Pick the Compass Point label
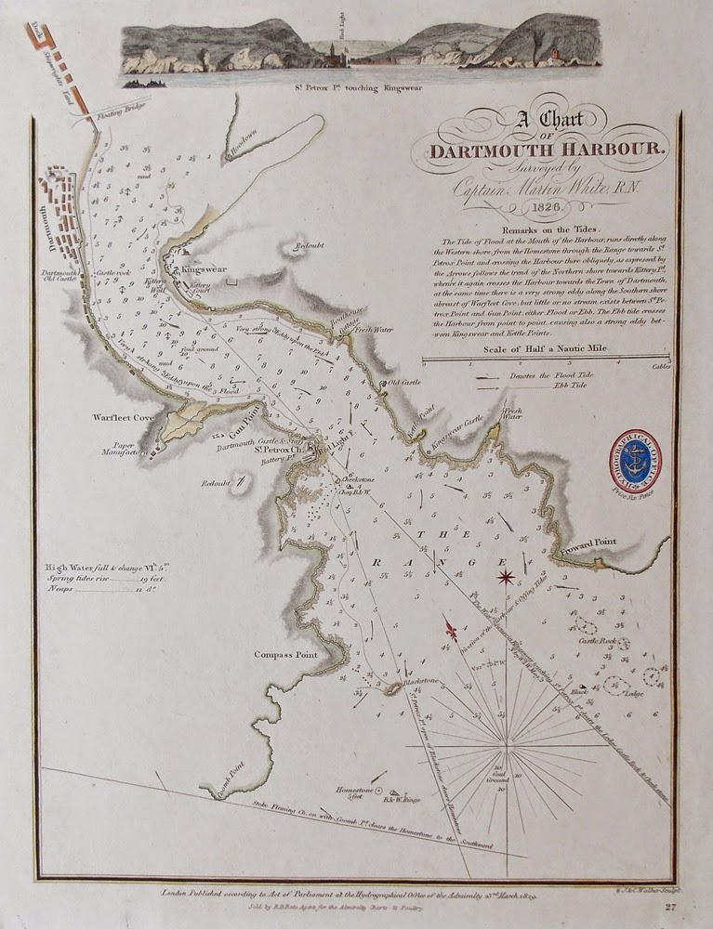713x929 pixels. [285, 654]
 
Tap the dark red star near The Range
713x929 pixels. [506, 577]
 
